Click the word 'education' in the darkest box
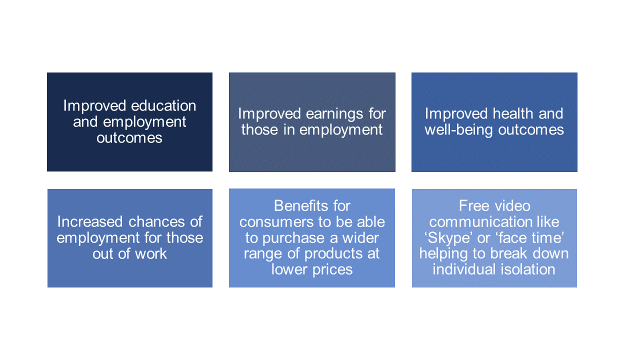coord(163,105)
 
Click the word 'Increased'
coord(90,221)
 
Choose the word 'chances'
coord(156,221)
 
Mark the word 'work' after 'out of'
coord(151,253)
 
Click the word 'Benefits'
coord(300,205)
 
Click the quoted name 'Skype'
coord(448,238)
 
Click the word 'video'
coord(512,206)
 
